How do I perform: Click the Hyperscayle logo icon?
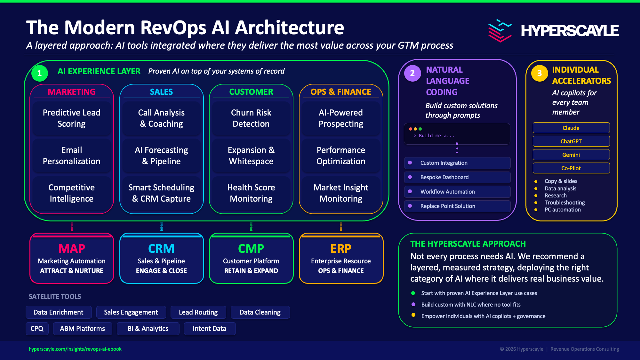[500, 31]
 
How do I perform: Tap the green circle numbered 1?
[40, 73]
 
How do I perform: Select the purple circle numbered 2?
[412, 73]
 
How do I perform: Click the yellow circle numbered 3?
[540, 73]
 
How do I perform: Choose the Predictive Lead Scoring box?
[72, 118]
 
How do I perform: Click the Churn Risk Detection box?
[251, 118]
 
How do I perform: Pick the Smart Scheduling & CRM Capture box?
[161, 193]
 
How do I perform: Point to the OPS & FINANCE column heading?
[341, 92]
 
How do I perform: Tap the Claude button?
[571, 128]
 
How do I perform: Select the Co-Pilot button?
[571, 168]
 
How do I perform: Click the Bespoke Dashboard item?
[457, 177]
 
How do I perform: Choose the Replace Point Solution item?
[457, 206]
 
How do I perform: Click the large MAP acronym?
[72, 249]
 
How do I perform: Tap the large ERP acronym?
[341, 249]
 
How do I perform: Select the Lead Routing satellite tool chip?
[198, 312]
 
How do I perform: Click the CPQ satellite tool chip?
[37, 329]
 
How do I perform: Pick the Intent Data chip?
[210, 329]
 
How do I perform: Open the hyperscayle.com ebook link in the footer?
[75, 349]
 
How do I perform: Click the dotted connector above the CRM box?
[162, 227]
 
